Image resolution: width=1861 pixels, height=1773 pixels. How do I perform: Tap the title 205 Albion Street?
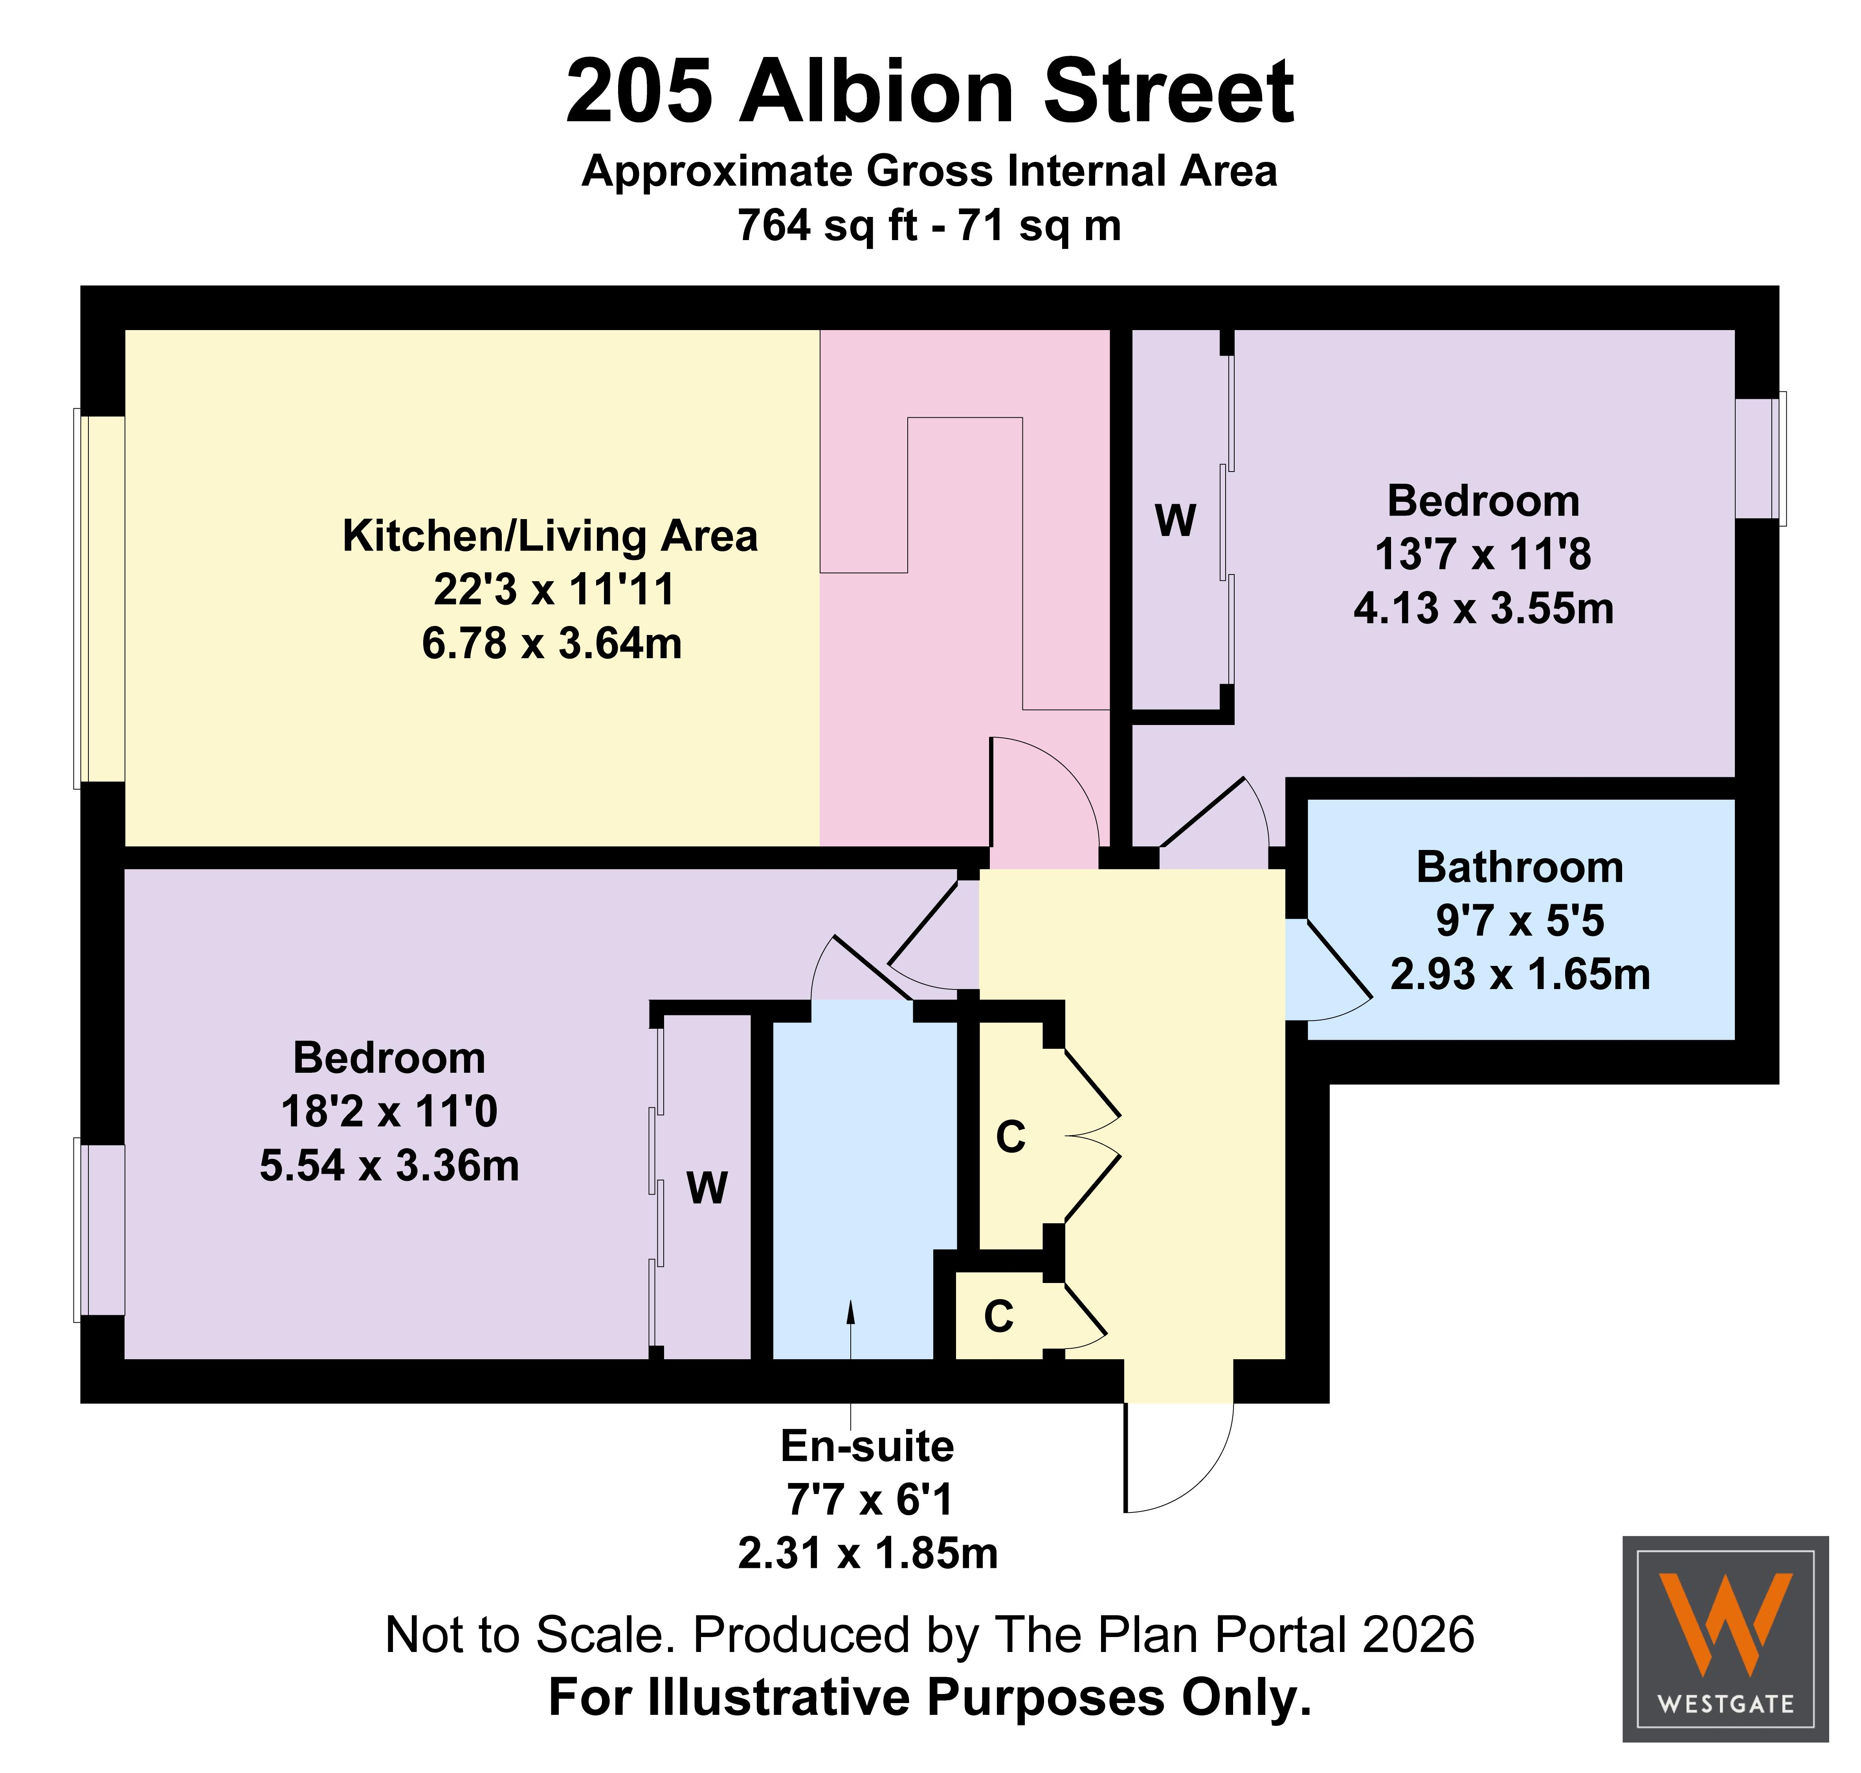pos(930,92)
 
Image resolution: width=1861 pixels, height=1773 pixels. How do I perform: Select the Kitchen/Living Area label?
pos(550,536)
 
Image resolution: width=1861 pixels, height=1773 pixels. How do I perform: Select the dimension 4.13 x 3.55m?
pos(1484,609)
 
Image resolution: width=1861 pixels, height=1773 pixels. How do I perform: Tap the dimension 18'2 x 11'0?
pos(389,1111)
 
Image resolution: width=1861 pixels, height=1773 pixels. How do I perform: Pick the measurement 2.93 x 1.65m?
pos(1520,975)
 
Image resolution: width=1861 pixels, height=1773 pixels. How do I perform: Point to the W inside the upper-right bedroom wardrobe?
pos(1176,521)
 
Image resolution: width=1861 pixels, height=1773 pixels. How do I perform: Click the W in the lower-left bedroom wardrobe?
pos(707,1188)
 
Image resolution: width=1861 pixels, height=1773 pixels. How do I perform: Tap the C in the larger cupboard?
pos(1010,1137)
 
